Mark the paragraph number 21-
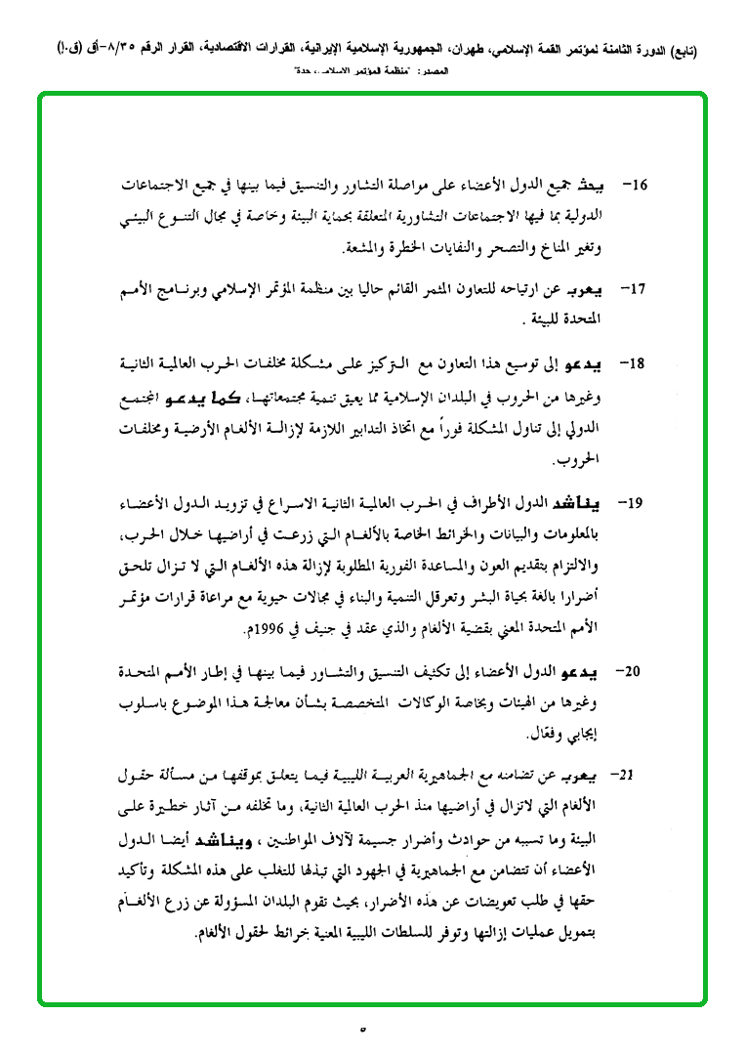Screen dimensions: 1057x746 (621, 775)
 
